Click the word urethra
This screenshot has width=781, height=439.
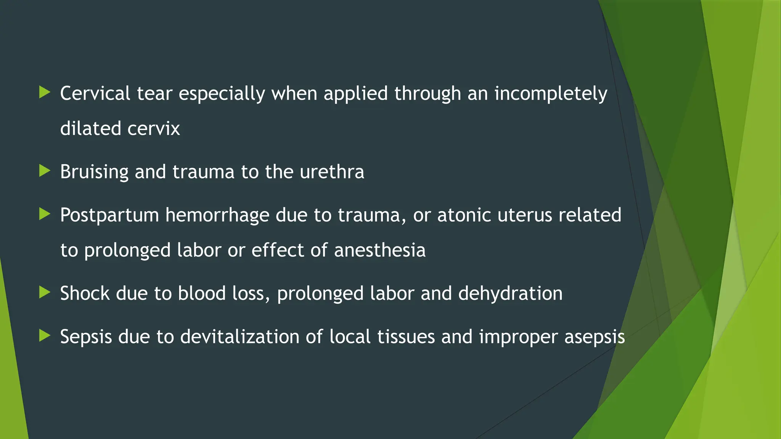(332, 172)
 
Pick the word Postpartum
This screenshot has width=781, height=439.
(109, 216)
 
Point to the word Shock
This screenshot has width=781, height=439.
(85, 293)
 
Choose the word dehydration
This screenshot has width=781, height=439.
(510, 294)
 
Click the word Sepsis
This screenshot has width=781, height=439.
(86, 337)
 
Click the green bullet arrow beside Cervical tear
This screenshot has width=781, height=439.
(45, 92)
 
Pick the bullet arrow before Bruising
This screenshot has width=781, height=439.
(45, 171)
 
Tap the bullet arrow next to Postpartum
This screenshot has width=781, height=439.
(45, 214)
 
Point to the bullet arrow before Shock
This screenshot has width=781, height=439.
(45, 292)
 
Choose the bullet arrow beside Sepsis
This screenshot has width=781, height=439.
(45, 336)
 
